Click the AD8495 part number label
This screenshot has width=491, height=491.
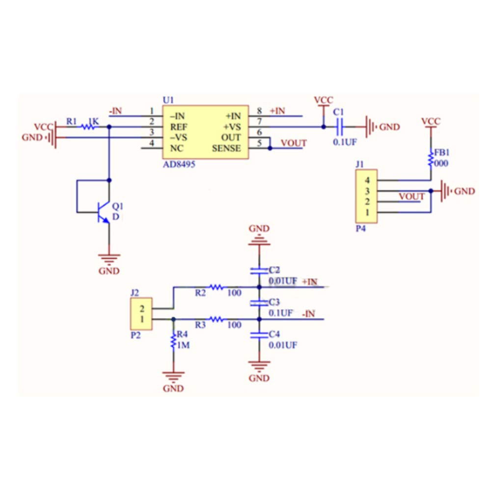click(179, 164)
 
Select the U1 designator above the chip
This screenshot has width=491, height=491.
click(168, 100)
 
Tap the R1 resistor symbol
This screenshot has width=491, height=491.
click(88, 127)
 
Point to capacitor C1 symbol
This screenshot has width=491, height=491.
click(339, 127)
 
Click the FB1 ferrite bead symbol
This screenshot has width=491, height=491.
click(431, 158)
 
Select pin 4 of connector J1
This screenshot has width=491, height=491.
click(367, 180)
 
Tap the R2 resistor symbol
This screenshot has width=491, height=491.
click(216, 287)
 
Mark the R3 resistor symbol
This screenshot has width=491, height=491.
click(216, 319)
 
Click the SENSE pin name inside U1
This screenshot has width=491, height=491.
click(226, 148)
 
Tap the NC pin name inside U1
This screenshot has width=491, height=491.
click(176, 148)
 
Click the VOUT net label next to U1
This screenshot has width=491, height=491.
click(293, 143)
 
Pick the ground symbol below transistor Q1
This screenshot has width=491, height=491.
click(109, 258)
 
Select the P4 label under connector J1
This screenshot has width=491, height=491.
click(360, 228)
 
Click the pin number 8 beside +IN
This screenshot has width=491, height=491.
click(259, 111)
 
